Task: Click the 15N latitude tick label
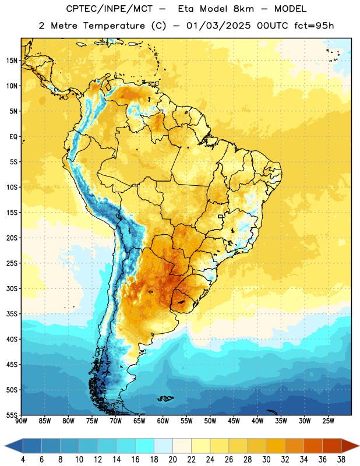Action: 12,61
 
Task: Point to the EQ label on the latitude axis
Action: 13,137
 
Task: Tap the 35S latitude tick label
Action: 12,314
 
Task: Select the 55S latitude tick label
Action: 12,415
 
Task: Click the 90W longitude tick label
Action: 21,421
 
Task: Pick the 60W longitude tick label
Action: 163,421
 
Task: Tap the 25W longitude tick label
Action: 328,421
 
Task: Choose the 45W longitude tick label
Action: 234,421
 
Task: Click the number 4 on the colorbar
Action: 23,460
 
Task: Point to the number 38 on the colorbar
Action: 341,460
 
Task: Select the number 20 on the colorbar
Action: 172,460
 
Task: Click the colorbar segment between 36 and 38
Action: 332,446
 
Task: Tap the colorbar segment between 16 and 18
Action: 145,446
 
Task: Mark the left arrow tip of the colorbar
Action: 5,446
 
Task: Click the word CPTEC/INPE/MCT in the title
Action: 110,9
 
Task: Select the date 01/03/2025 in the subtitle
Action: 218,26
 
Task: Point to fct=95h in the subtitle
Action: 314,26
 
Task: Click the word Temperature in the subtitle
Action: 114,26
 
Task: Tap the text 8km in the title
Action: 243,9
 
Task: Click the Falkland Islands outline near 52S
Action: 165,398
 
